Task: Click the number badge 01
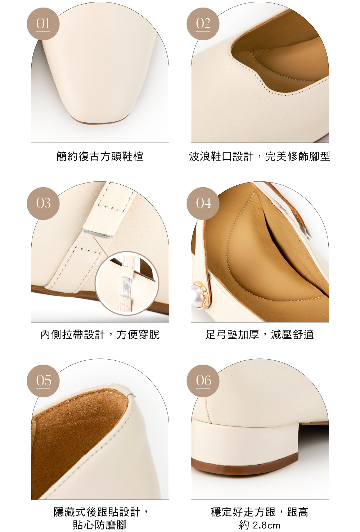pos(43,24)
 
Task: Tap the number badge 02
pos(203,24)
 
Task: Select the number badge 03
pos(43,203)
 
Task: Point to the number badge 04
pos(203,203)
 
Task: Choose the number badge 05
pos(43,381)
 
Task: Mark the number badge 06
pos(203,381)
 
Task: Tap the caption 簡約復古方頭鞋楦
pos(100,156)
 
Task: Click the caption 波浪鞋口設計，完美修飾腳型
pos(260,156)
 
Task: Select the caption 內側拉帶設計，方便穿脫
pos(100,334)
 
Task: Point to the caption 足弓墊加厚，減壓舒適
pos(260,334)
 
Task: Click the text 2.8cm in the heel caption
pos(266,525)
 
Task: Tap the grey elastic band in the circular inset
pos(126,286)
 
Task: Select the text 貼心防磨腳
pos(100,525)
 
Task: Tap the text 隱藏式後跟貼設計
pos(97,512)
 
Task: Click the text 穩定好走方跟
pos(243,512)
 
